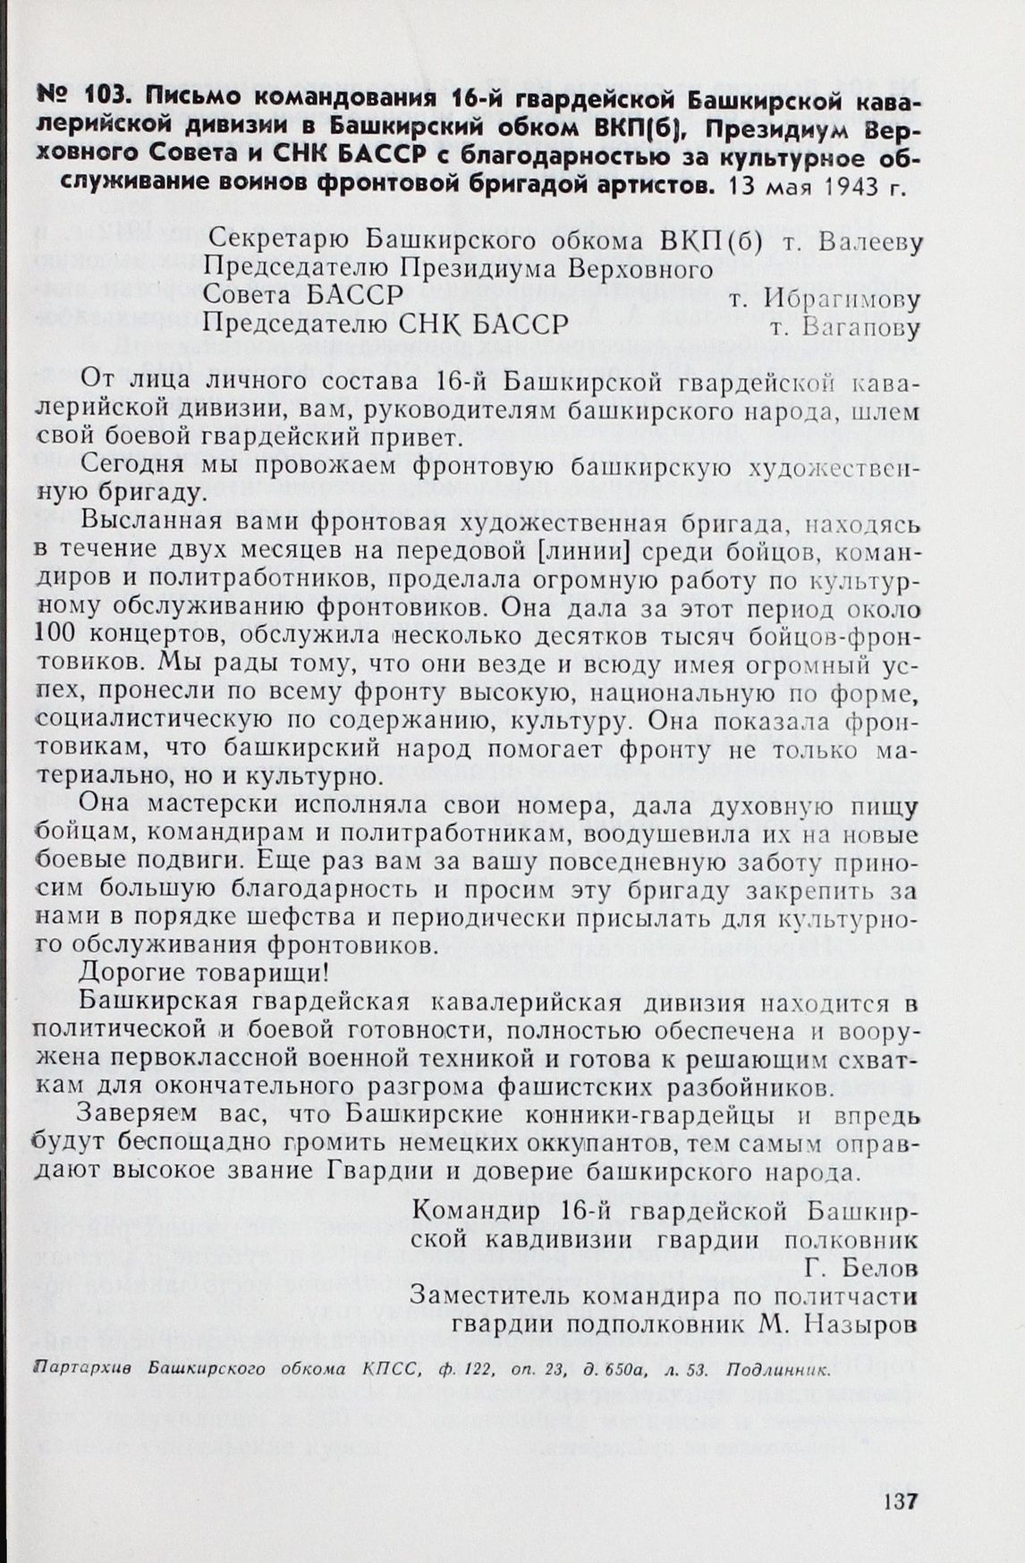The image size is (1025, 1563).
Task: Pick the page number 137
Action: click(x=900, y=1500)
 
